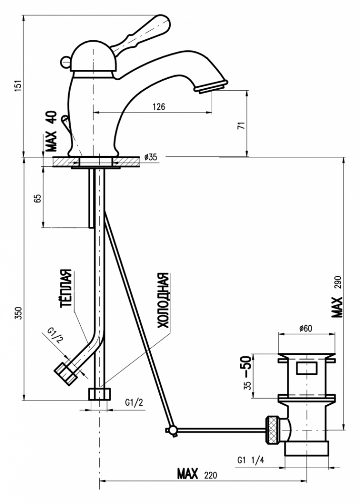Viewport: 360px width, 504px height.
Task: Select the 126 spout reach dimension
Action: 159,106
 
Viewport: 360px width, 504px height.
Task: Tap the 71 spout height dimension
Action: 241,125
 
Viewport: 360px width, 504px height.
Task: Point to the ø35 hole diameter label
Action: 150,157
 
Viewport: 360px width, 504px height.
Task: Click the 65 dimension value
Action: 38,198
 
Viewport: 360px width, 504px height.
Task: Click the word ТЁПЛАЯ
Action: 66,288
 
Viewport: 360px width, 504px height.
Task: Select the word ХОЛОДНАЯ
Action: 163,300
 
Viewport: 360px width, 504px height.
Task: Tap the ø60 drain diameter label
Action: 306,328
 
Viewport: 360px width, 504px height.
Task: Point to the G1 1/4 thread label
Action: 251,460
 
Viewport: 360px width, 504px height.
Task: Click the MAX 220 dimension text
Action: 197,474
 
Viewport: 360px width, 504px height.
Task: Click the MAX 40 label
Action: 51,131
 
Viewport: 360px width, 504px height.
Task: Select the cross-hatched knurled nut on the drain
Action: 272,430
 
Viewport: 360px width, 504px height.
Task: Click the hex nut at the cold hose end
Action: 99,394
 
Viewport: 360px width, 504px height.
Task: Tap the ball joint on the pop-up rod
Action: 172,430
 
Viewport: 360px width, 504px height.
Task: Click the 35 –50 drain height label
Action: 247,373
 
